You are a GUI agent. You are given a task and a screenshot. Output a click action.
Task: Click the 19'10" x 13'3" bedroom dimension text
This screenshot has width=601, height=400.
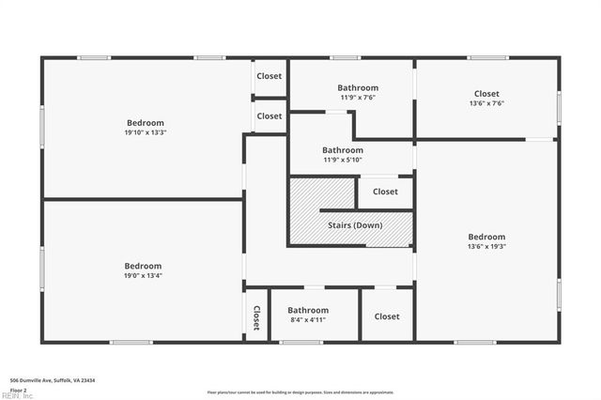click(146, 132)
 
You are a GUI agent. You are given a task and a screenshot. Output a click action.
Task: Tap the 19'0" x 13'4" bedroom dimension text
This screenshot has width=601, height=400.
click(144, 276)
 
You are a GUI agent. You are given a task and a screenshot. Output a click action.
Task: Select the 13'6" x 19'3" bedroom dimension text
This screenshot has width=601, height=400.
click(486, 247)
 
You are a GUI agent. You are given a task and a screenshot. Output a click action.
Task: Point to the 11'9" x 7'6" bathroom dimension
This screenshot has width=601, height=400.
click(358, 98)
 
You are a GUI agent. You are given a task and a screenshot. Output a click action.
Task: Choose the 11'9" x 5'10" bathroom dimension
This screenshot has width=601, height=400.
click(343, 160)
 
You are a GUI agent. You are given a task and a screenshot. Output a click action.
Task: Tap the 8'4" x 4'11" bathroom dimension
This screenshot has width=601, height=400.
click(308, 320)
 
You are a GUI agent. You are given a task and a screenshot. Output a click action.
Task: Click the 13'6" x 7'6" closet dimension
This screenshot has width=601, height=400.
click(486, 103)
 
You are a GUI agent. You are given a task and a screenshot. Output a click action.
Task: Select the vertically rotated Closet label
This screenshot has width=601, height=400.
click(255, 317)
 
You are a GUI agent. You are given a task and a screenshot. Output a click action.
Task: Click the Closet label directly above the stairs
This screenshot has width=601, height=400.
click(385, 192)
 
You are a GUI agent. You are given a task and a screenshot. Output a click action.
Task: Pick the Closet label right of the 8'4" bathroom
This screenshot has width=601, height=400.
click(387, 316)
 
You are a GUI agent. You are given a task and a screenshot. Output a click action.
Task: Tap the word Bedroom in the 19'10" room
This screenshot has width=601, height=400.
click(146, 123)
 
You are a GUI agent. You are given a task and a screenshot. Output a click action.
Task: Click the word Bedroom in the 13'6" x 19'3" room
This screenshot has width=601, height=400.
click(486, 237)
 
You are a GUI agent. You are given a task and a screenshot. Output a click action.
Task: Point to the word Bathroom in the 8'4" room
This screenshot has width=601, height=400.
click(308, 310)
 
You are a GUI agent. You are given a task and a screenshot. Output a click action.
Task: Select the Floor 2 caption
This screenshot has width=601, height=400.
click(19, 389)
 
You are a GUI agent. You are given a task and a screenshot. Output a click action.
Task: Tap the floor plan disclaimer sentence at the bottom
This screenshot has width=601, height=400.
click(300, 392)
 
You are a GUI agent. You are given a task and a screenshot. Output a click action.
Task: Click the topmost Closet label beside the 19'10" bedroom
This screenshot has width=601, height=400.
click(270, 76)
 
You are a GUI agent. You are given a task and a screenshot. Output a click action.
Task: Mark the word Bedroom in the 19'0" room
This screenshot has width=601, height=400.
click(144, 266)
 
